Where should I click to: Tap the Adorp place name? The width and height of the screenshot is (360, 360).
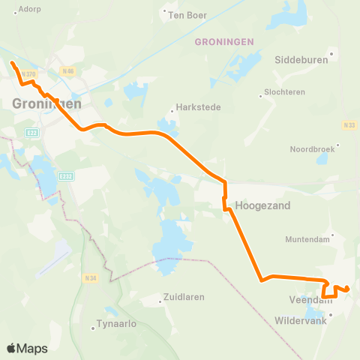(30, 9)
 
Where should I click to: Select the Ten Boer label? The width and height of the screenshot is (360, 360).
(187, 14)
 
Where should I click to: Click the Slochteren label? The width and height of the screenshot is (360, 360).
(283, 94)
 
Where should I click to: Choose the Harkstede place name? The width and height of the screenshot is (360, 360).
(198, 106)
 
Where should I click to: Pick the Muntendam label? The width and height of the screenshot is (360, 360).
(308, 239)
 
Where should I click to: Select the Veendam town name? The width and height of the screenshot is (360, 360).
(306, 299)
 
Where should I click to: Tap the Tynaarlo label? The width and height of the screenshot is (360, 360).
(115, 325)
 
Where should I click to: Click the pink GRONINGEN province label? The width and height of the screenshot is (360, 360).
(224, 42)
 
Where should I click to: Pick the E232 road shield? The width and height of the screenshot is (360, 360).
(66, 176)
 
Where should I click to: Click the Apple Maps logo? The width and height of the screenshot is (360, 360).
(27, 348)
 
